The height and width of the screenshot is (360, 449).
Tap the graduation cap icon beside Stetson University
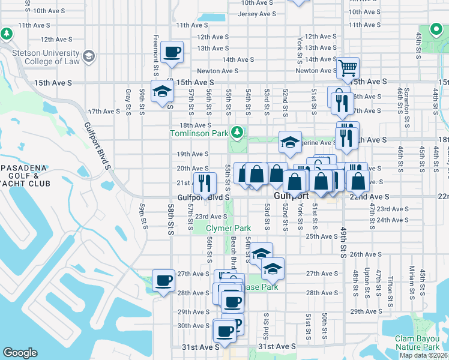[89, 56]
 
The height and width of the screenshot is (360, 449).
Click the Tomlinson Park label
[200, 133]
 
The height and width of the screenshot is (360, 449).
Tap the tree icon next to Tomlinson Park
[238, 131]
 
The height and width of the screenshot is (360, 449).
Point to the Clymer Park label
[228, 229]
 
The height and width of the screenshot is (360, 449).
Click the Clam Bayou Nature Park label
[418, 343]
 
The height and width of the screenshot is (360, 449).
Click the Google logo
[20, 353]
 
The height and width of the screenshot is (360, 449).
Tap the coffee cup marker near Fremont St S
[172, 52]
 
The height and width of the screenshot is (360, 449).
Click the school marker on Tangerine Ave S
[290, 143]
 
